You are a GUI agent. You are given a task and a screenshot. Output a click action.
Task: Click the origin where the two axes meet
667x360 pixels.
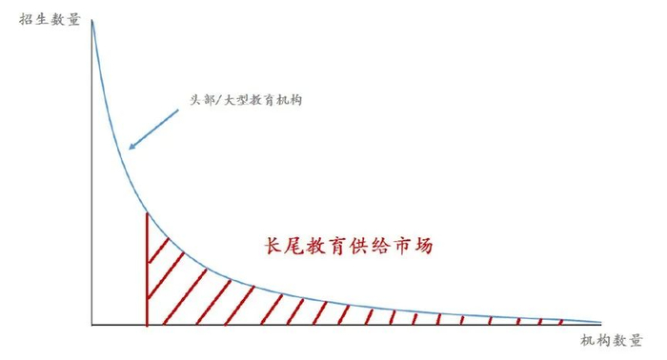91,325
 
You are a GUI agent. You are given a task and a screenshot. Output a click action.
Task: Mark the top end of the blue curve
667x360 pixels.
92,21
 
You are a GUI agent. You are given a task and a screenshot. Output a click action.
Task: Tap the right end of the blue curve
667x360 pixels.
601,322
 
